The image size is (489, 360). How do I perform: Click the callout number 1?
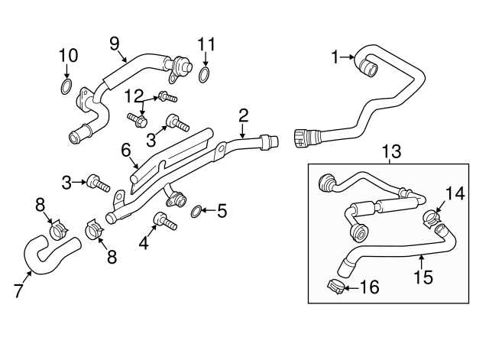(x=334, y=56)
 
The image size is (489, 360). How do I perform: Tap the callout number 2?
(x=243, y=115)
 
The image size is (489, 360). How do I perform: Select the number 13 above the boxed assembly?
(x=390, y=153)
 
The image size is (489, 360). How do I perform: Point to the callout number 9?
(x=115, y=44)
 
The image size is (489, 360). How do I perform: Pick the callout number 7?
(x=19, y=290)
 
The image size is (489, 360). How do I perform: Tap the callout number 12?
(x=134, y=95)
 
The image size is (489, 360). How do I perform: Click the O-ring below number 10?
(x=66, y=86)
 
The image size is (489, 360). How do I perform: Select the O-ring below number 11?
(x=205, y=74)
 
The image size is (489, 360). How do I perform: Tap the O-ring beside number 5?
(x=196, y=210)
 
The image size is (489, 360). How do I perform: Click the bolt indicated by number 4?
(x=164, y=222)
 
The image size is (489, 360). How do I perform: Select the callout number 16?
(x=369, y=288)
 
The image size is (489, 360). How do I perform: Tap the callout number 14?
(x=455, y=193)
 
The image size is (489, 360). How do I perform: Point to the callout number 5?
(x=222, y=211)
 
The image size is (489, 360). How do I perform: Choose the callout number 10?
(x=68, y=55)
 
